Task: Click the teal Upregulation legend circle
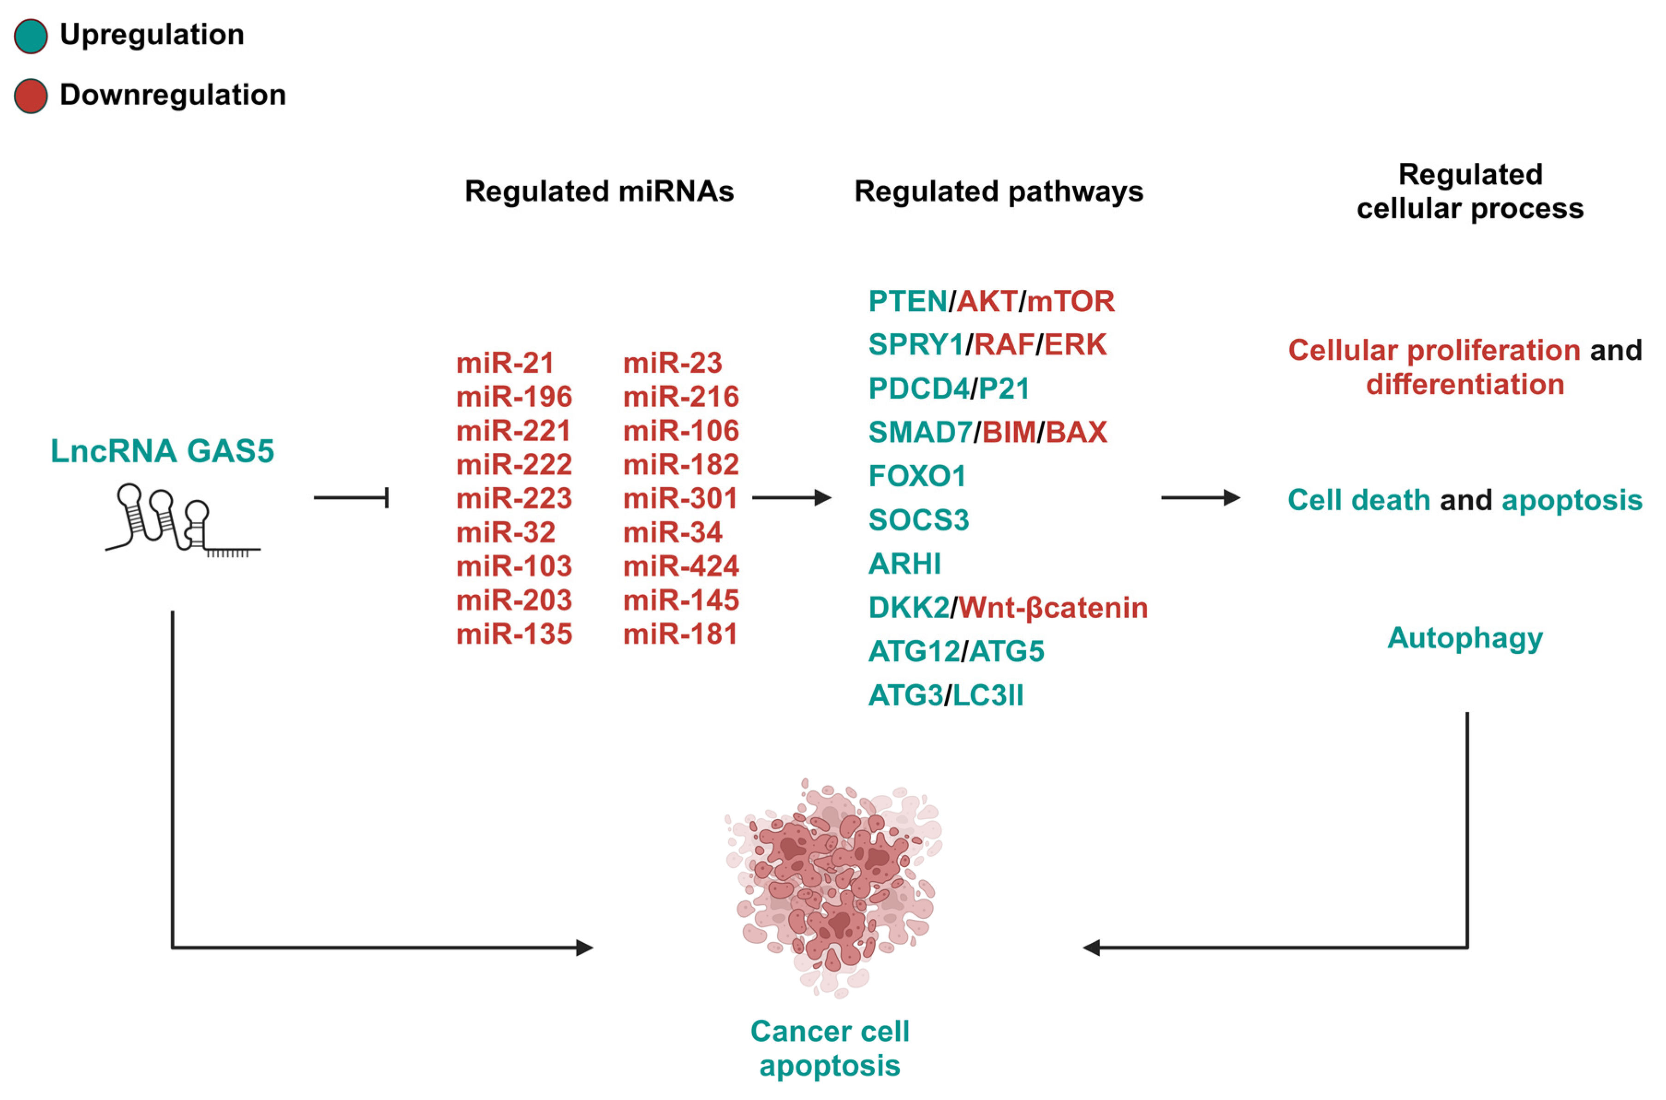(x=31, y=36)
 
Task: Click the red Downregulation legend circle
(x=31, y=96)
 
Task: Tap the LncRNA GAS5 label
(x=162, y=451)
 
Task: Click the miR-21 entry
(x=505, y=363)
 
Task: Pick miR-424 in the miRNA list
(x=681, y=566)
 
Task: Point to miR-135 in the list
(x=514, y=634)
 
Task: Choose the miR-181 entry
(x=680, y=634)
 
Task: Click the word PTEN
(x=907, y=302)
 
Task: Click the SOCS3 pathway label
(x=919, y=520)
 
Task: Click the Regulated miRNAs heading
(x=599, y=191)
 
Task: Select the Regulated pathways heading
(x=999, y=191)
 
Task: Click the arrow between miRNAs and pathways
(x=791, y=498)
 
